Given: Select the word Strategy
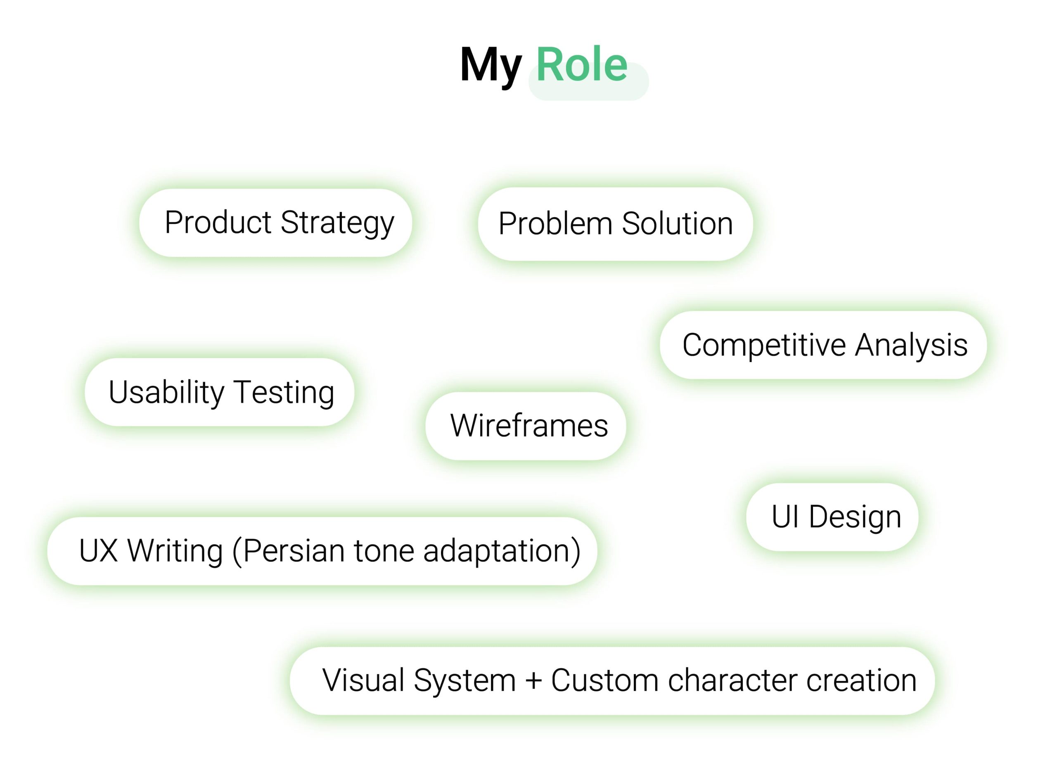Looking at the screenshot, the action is [337, 224].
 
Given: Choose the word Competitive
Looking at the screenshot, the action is [764, 346].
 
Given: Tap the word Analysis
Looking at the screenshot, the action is [912, 346].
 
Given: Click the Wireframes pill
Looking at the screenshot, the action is [526, 426].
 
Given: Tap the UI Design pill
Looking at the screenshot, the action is [832, 517].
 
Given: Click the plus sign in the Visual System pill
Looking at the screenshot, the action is [533, 681].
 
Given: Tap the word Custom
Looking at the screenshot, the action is [605, 680].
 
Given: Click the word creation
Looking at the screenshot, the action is [862, 680].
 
